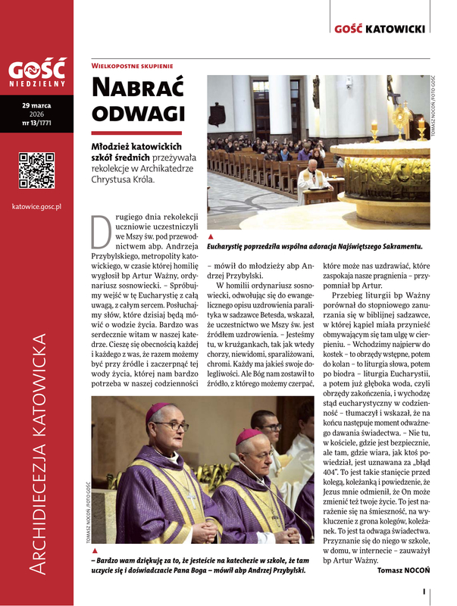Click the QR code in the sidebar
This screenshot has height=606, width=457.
(36, 170)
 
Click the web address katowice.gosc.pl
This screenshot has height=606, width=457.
(36, 205)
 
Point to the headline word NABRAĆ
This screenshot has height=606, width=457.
(137, 87)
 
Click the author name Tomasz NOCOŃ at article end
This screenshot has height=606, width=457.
(403, 570)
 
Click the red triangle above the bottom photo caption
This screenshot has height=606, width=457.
(95, 551)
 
